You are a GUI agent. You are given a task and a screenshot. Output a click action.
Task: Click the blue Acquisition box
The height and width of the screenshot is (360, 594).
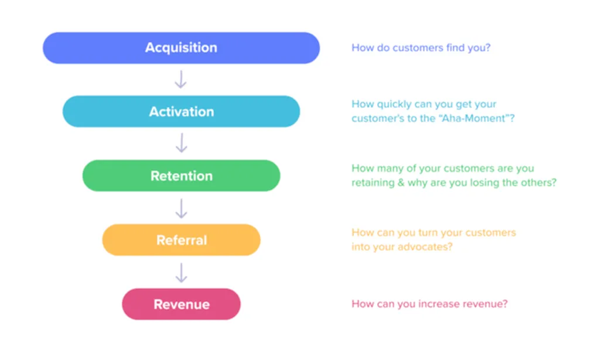[x=181, y=47]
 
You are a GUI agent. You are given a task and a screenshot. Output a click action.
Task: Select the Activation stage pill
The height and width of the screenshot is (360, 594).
[x=181, y=111]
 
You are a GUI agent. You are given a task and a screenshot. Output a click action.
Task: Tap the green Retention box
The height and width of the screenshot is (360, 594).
[x=181, y=176]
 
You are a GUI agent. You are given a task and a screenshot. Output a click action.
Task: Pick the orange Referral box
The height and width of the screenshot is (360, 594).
[x=181, y=239]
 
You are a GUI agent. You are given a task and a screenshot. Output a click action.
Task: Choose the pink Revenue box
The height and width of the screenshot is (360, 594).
[x=181, y=304]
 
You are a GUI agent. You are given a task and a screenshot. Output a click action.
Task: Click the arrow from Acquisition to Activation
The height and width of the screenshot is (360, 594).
[x=180, y=80]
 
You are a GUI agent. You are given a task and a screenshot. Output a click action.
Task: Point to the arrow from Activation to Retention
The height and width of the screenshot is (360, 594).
[x=181, y=143]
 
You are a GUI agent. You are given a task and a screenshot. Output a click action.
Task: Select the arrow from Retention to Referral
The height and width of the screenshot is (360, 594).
[x=181, y=208]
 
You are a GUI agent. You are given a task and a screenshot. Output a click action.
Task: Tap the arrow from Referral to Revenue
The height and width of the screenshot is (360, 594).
[x=181, y=273]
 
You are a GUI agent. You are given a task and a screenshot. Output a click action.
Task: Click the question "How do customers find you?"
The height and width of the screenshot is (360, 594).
[x=421, y=47]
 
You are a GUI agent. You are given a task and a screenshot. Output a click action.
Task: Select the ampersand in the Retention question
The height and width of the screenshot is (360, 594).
[x=401, y=183]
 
